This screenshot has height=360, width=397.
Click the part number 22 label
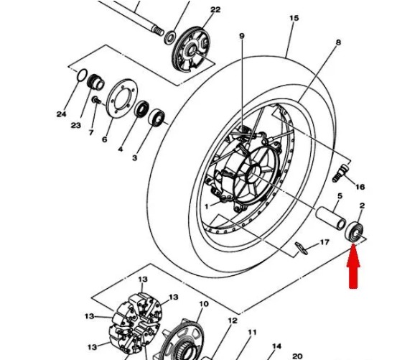[215, 9]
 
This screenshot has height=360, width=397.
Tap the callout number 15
[294, 18]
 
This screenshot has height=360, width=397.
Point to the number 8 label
[338, 42]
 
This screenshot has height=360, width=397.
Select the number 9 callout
[242, 36]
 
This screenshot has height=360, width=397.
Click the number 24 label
[61, 114]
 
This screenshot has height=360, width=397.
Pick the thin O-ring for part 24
[82, 75]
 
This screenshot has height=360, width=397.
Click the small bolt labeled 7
[96, 101]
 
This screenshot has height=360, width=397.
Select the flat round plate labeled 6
[122, 98]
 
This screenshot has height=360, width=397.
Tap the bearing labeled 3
[157, 117]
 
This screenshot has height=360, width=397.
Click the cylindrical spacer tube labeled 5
[331, 218]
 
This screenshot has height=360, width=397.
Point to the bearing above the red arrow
[355, 231]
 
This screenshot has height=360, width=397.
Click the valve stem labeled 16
[340, 173]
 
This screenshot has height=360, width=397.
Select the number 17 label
[324, 242]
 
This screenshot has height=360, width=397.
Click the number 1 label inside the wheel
[207, 206]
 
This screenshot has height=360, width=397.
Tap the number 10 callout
[204, 303]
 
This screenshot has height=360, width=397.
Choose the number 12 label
[233, 320]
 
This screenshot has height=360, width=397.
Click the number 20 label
[297, 356]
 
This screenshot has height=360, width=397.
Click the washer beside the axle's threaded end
[170, 37]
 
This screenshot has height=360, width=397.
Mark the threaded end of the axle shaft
[158, 30]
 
